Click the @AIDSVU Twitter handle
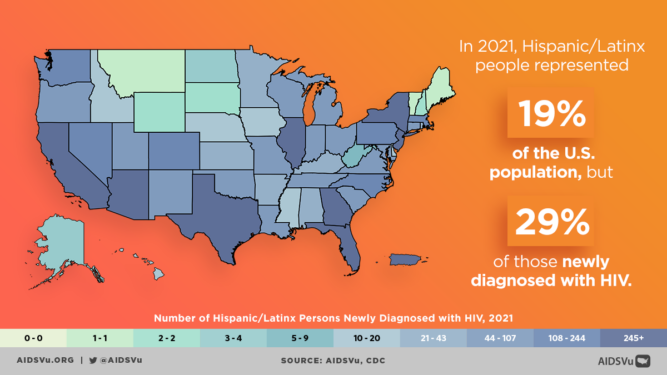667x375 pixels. click(118, 361)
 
